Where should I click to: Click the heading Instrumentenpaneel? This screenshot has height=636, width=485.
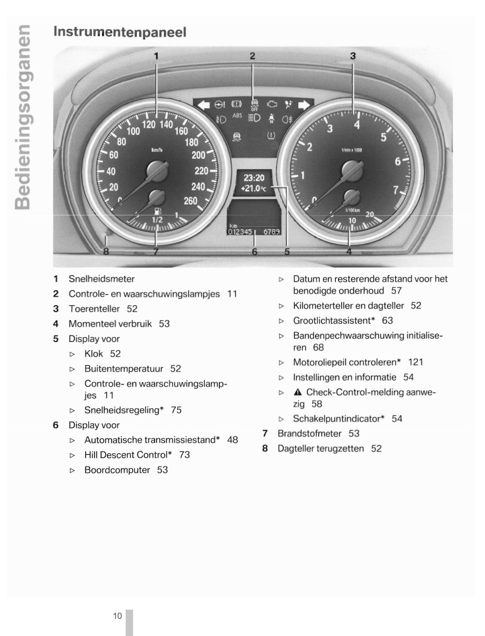click(x=120, y=32)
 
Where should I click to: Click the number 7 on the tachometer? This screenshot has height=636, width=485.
click(x=395, y=189)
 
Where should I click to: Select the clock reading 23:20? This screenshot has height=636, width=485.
click(x=254, y=178)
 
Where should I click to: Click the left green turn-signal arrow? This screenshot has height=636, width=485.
click(x=204, y=105)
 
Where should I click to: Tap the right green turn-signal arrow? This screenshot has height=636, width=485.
click(x=303, y=105)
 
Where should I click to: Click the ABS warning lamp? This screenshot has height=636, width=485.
click(x=237, y=115)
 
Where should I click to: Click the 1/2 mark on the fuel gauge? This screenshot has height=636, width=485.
click(x=157, y=220)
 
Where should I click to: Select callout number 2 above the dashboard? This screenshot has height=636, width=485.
click(x=252, y=56)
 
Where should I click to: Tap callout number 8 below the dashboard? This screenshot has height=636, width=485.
click(x=106, y=252)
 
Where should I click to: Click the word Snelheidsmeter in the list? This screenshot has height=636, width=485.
click(x=102, y=279)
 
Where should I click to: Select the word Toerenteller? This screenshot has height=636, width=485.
click(x=94, y=309)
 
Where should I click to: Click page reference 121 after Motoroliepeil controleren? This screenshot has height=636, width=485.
click(x=415, y=362)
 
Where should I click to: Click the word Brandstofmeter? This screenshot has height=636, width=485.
click(x=309, y=433)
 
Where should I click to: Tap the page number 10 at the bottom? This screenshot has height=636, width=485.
click(x=118, y=616)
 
